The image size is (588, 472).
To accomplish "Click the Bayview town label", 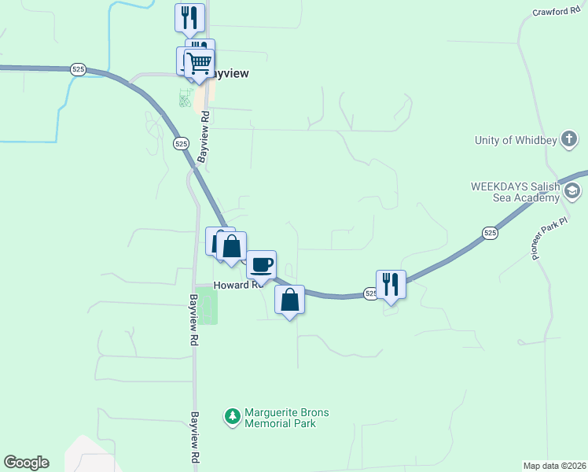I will click(x=229, y=73).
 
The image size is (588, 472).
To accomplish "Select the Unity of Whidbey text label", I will click(x=515, y=141).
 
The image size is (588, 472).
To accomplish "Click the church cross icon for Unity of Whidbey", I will click(x=571, y=141).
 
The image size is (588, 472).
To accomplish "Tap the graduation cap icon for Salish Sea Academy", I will click(x=573, y=190).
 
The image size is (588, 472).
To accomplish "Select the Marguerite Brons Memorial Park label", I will click(x=286, y=418).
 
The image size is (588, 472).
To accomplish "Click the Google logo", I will click(x=26, y=463).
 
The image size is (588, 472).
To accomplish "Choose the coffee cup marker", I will click(x=261, y=264).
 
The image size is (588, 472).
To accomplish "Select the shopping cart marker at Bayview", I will click(x=200, y=62).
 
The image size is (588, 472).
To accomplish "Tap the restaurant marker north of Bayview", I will click(x=189, y=17).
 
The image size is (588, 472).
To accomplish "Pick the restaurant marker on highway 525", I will click(x=391, y=283).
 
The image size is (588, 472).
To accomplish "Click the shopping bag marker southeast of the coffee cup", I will click(x=290, y=300).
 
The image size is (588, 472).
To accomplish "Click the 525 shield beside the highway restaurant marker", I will click(x=369, y=293).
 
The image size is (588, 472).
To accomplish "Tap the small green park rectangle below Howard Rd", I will click(x=207, y=306).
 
